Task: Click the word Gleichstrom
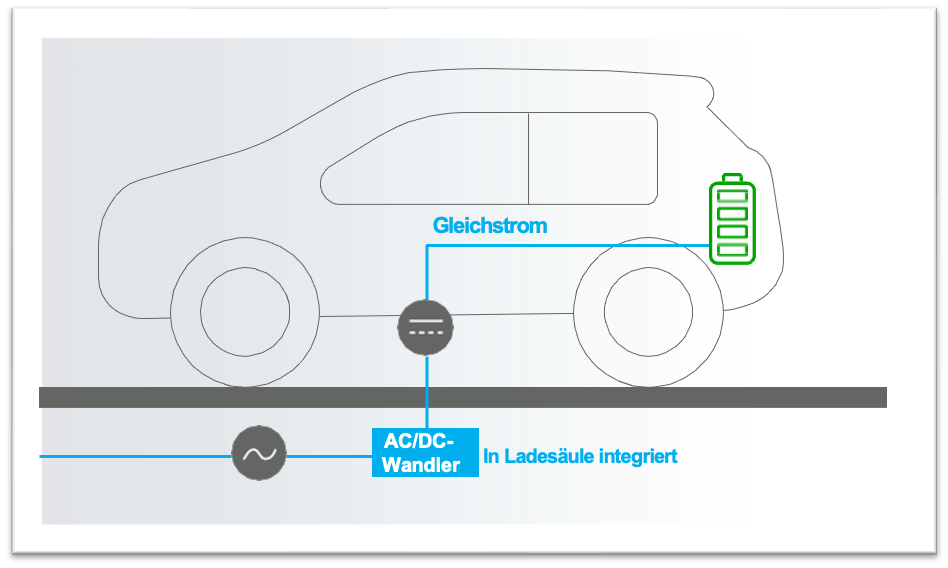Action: tap(490, 226)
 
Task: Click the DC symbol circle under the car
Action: tap(426, 325)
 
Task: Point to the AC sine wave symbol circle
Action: tap(259, 455)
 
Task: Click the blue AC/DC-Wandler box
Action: tap(425, 453)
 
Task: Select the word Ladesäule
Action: tap(551, 457)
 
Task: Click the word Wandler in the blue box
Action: tap(423, 465)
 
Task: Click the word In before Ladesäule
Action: tap(491, 457)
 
